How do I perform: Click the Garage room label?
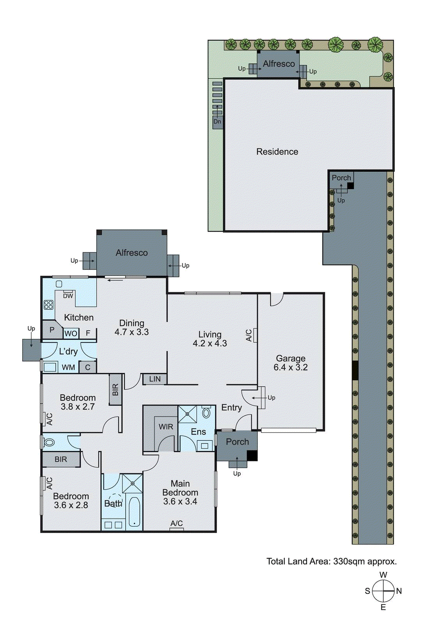(x=290, y=358)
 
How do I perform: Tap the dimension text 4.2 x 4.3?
(x=210, y=344)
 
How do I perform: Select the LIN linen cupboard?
(x=155, y=379)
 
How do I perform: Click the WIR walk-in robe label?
(x=166, y=427)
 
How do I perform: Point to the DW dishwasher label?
(x=68, y=296)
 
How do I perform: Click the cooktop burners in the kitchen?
(x=48, y=305)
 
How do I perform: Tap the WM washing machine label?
(x=68, y=367)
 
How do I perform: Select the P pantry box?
(x=52, y=330)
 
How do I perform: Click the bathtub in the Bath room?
(x=135, y=512)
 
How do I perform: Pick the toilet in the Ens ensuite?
(x=206, y=412)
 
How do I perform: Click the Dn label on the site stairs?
(x=217, y=122)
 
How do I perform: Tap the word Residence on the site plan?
(x=277, y=152)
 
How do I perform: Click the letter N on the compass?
(x=399, y=591)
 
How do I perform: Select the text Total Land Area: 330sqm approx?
(x=331, y=562)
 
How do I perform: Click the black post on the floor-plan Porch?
(x=252, y=455)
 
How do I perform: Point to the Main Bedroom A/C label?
(x=177, y=523)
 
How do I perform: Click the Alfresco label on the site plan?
(x=279, y=64)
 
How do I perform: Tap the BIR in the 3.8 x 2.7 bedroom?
(x=115, y=390)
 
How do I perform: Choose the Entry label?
(x=232, y=408)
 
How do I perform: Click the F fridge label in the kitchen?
(x=88, y=333)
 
